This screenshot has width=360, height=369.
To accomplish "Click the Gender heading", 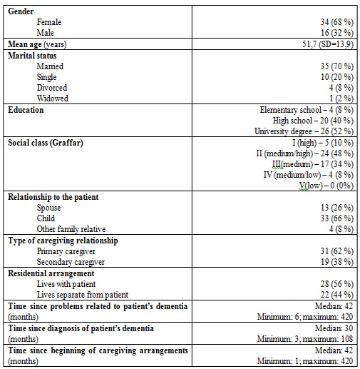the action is coord(21,11).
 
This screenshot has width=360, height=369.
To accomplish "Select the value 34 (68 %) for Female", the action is coord(337,22).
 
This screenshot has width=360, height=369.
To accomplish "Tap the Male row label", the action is coord(46,33).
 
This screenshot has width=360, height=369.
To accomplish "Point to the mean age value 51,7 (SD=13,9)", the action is coord(328,44).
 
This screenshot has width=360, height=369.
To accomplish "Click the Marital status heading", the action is coord(32,56).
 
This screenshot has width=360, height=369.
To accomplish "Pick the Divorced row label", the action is coord(52,88).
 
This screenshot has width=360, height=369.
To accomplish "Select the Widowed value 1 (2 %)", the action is coord(341,98).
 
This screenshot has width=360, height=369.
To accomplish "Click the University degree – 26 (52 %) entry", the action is coord(304,131).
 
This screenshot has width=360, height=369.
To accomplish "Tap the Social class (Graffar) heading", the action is coord(46,143).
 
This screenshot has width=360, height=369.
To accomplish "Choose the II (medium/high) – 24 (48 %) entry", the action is coord(305,153).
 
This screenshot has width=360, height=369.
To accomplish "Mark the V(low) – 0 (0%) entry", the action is coord(326,186).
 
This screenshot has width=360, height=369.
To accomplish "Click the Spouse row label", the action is coord(48,208).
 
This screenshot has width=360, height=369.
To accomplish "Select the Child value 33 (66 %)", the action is coord(337,218).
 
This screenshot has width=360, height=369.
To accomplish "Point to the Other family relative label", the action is coord(71,229).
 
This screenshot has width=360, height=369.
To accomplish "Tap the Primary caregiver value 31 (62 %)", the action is coord(337,251).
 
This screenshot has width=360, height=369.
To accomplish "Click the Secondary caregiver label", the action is coord(71,262).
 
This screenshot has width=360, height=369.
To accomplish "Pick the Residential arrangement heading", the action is coord(51,273).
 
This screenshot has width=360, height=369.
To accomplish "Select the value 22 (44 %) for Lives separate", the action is coord(337,295).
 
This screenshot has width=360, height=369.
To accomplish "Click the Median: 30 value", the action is coord(334,328).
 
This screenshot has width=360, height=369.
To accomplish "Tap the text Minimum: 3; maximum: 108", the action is coord(305,339).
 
